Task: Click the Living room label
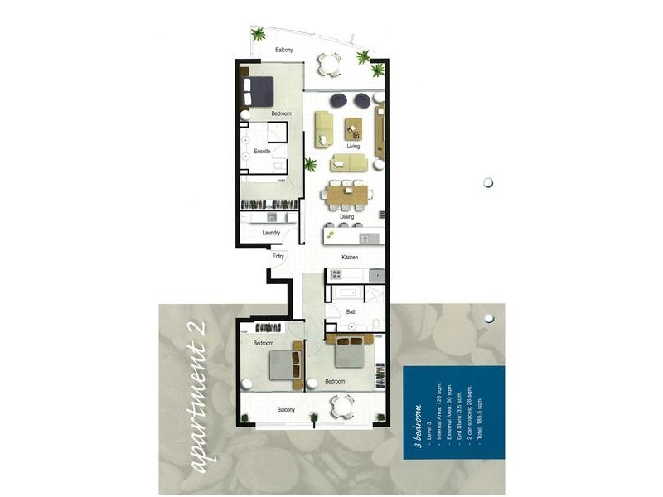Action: click(x=354, y=146)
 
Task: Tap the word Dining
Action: click(x=346, y=217)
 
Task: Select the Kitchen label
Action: click(x=351, y=258)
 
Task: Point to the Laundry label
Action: click(x=271, y=233)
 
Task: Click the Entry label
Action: click(x=278, y=257)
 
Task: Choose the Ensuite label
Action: click(x=262, y=152)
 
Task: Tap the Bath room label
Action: click(x=351, y=312)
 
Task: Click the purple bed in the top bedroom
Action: click(x=259, y=86)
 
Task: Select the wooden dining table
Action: click(x=347, y=195)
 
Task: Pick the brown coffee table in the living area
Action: click(x=354, y=128)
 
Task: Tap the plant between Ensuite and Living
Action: click(x=310, y=164)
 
